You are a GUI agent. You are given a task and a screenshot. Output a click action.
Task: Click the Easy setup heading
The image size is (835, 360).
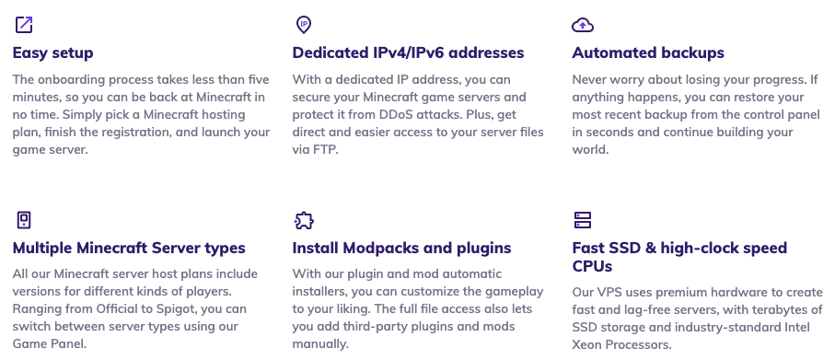click(52, 52)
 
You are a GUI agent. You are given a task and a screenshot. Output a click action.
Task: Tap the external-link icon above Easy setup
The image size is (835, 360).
click(23, 23)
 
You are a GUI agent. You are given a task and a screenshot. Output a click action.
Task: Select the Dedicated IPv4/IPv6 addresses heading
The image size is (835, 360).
click(408, 52)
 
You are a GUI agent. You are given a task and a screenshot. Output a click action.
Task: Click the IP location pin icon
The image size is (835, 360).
click(303, 23)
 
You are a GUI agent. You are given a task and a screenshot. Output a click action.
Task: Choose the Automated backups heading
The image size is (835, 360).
click(648, 52)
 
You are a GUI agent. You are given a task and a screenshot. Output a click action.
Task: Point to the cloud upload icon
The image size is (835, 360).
click(582, 23)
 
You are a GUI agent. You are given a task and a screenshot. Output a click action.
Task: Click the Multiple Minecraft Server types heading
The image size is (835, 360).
click(129, 248)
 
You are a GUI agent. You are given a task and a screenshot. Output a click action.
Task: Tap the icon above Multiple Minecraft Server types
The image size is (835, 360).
click(23, 219)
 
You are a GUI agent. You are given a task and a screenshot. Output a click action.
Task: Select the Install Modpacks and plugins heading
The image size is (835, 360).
click(401, 248)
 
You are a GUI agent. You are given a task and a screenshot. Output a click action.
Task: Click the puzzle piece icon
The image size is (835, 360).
click(303, 219)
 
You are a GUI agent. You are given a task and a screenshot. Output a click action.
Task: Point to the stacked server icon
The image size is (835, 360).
click(582, 219)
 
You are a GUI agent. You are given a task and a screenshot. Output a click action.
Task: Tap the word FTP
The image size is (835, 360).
click(324, 149)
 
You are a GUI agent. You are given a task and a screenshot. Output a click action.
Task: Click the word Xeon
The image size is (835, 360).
click(590, 344)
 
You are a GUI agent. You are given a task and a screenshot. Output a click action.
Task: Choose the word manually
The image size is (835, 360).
click(321, 344)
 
